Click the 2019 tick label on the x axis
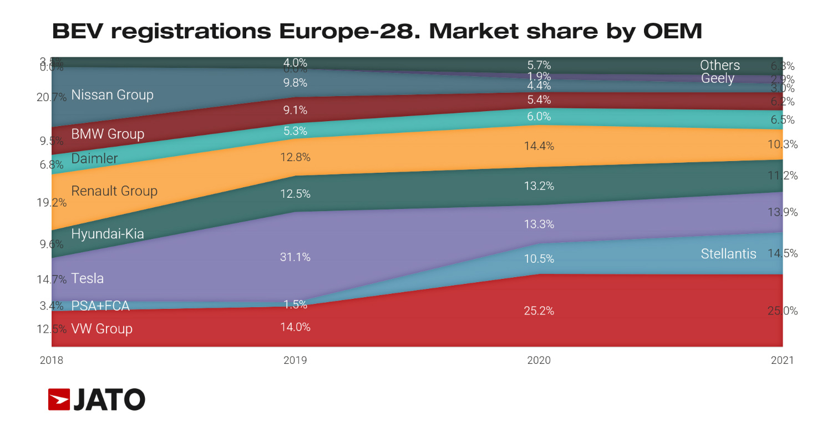tap(295, 361)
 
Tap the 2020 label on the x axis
tap(539, 361)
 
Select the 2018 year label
tap(52, 361)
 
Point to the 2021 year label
tap(782, 361)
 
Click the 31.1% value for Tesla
tap(295, 257)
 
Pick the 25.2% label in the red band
tap(539, 311)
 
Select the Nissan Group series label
tap(112, 95)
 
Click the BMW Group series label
tap(108, 134)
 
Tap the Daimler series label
tap(94, 158)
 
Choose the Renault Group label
tap(114, 191)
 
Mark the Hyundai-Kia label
tap(108, 234)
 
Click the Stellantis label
tap(728, 254)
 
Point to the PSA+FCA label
tap(100, 306)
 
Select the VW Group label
tap(102, 329)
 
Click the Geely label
tap(717, 78)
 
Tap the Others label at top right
tap(719, 66)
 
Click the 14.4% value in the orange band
tap(539, 146)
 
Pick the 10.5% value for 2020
tap(539, 259)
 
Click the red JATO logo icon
tap(59, 399)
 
